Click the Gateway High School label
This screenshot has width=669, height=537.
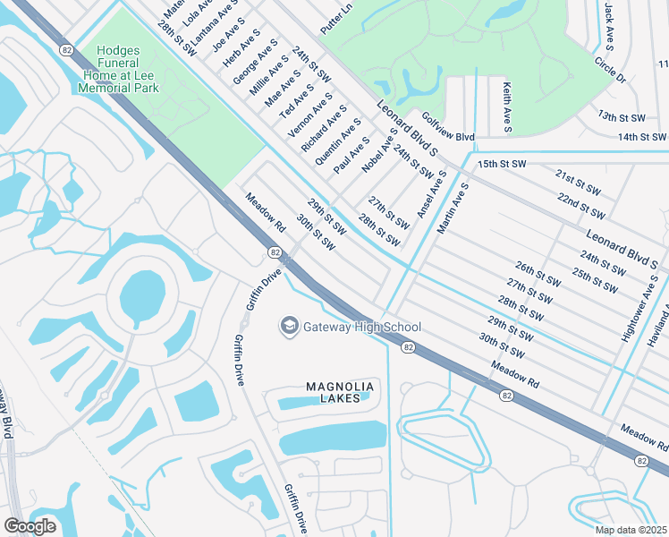click(363, 327)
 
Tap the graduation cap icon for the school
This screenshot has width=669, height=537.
click(289, 327)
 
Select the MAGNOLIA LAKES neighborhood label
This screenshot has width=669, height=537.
click(339, 392)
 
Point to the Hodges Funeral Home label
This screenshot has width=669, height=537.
click(118, 70)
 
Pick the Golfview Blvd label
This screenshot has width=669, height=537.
click(447, 130)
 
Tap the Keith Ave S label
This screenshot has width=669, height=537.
click(507, 108)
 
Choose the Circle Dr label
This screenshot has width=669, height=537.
click(610, 70)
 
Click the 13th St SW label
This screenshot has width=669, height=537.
click(622, 117)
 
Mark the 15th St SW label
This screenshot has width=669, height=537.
click(500, 166)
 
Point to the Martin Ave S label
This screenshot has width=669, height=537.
click(453, 209)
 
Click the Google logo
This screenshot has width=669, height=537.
click(30, 526)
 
